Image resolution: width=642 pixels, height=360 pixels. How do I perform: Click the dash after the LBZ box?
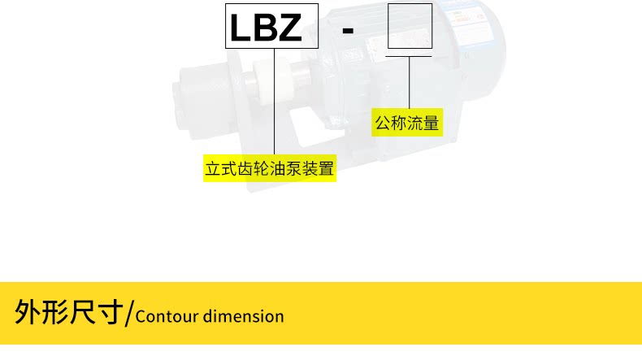pyautogui.click(x=348, y=29)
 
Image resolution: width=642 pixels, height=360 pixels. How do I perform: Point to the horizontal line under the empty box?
pyautogui.click(x=410, y=56)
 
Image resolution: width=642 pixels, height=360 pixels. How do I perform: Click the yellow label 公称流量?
pyautogui.click(x=406, y=124)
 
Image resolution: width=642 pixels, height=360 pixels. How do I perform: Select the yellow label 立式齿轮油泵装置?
pyautogui.click(x=270, y=170)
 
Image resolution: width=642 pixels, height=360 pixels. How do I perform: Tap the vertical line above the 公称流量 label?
pyautogui.click(x=410, y=81)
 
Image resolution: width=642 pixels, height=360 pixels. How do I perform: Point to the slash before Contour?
pyautogui.click(x=128, y=313)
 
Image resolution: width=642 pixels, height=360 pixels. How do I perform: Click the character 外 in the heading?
pyautogui.click(x=28, y=311)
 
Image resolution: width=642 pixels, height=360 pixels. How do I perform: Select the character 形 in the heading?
pyautogui.click(x=55, y=311)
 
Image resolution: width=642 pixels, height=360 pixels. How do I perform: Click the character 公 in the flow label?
pyautogui.click(x=382, y=124)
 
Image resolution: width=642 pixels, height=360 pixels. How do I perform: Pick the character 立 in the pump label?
pyautogui.click(x=213, y=170)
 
